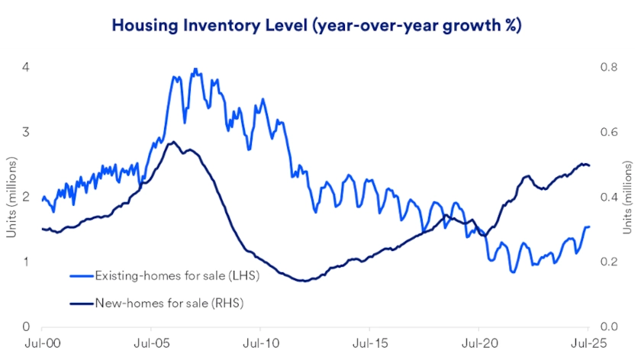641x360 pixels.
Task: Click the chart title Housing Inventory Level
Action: (317, 25)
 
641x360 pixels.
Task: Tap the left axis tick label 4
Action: (26, 67)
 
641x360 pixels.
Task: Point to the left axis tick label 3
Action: (26, 132)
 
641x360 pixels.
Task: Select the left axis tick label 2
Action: (26, 197)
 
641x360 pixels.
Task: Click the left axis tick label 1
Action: (26, 262)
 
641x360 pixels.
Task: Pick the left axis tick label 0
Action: (26, 326)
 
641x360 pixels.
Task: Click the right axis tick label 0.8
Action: (609, 67)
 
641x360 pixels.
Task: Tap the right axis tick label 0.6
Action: (609, 132)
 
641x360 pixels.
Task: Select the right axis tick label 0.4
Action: (609, 197)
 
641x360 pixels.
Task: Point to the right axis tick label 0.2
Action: (609, 262)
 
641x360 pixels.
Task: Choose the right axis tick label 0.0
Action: (609, 326)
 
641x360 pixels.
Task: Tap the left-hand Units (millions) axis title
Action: (11, 197)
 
